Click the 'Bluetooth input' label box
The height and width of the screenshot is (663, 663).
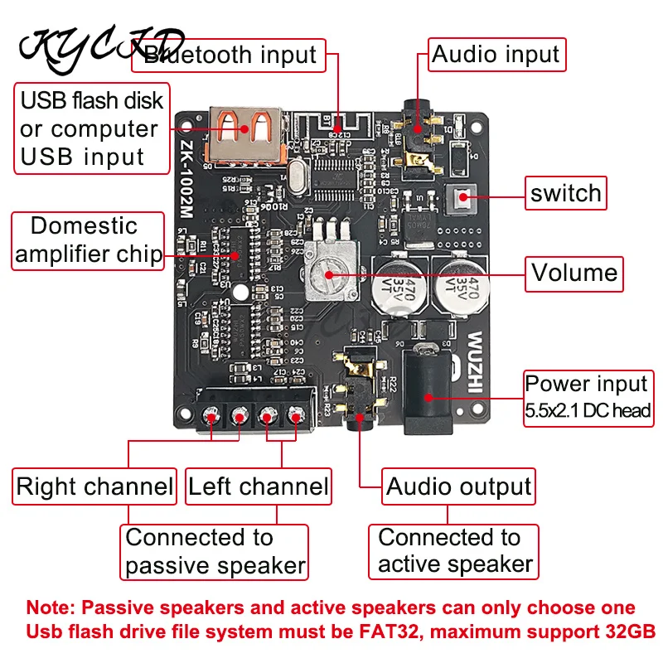(230, 56)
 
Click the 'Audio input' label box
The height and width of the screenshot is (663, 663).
(496, 56)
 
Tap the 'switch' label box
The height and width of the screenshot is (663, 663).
(566, 194)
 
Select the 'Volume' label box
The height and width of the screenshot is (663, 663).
(574, 273)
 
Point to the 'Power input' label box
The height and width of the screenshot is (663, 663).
(587, 396)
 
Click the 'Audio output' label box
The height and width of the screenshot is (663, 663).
(458, 486)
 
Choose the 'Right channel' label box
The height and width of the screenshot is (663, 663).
(95, 486)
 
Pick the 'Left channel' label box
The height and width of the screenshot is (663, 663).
(258, 486)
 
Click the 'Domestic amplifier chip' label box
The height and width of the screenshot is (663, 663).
(90, 240)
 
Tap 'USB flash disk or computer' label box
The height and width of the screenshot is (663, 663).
(92, 128)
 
